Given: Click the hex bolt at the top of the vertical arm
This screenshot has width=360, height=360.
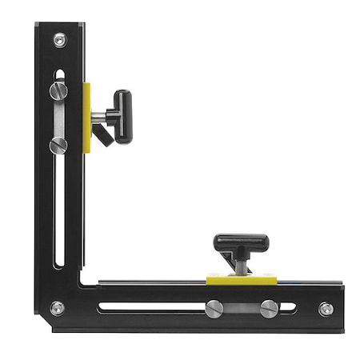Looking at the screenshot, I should coord(60,39).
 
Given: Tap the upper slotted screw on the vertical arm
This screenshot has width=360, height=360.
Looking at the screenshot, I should coord(58,90).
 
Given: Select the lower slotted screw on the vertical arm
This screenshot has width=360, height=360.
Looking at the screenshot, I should coord(58,146).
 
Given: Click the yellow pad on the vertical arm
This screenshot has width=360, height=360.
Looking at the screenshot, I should coord(86,118).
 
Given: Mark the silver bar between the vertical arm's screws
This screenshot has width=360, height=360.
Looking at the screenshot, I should coord(58,118).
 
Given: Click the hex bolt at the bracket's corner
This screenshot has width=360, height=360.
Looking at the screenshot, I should coord(58,307).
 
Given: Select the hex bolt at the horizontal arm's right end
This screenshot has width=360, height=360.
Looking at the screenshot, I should coord(326,309).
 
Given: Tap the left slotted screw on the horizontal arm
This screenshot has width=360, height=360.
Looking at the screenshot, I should coord(214,308).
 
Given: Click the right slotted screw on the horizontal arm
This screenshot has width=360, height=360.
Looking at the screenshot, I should coord(269,308).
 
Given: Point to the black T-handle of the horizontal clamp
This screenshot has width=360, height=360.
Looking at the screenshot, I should coord(241,241).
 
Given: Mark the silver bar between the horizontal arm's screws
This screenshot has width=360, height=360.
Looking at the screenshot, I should coord(242,308).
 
